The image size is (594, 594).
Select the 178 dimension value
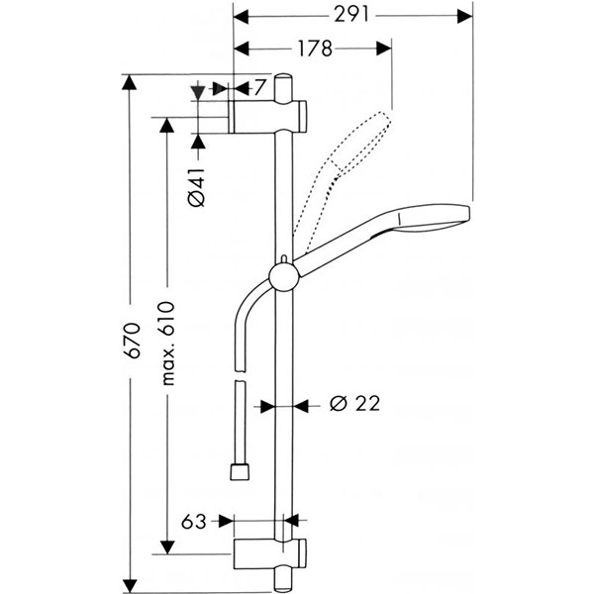coord(312,48)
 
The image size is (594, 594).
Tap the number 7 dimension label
coord(259,87)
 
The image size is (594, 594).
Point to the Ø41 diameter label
coord(196,185)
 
